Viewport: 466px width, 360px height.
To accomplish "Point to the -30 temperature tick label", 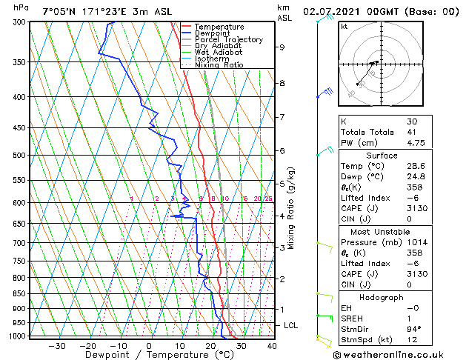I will point(57,346).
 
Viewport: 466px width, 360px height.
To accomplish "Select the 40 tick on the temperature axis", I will point(271,346).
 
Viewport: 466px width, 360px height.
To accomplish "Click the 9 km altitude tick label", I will point(282,47).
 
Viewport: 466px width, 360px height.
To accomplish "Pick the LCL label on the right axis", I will point(291,325).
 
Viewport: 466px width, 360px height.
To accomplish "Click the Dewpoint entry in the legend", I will point(213,33).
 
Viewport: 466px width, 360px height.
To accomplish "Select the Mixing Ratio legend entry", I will point(219,65).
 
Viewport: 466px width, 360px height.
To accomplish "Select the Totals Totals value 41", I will point(412,133).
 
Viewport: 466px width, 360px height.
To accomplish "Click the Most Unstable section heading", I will point(382,232).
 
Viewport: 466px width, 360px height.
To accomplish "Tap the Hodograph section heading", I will point(382,298).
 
